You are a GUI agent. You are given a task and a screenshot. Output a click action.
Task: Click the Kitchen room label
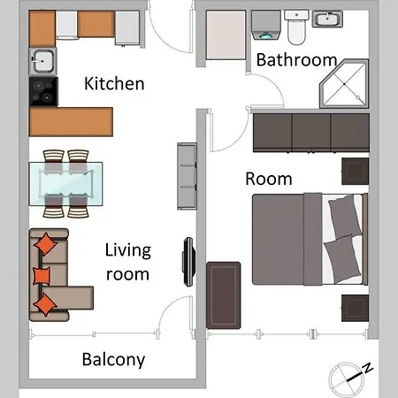point(114,83)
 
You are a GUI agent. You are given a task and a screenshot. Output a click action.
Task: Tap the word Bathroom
point(296,60)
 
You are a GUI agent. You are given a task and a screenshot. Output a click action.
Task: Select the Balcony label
point(113,360)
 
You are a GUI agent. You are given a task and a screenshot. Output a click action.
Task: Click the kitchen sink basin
point(42,61)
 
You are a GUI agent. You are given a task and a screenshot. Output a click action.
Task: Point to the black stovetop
point(43,92)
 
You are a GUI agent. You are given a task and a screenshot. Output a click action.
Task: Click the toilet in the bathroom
point(296,27)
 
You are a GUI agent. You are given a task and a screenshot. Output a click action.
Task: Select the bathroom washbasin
point(327,19)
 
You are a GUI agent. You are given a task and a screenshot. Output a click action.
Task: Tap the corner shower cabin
point(345,84)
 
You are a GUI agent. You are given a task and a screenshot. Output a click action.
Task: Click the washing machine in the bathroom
point(265,26)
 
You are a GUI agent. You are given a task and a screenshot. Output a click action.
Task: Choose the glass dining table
point(65,184)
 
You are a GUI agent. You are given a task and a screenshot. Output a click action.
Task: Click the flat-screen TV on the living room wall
point(189,262)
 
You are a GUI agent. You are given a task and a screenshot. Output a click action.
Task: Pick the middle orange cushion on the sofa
point(42,276)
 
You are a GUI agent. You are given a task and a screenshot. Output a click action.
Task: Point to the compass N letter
point(368,368)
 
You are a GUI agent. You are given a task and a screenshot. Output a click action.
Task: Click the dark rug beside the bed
point(224,295)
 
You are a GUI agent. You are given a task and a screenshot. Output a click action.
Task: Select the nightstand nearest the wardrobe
point(355,172)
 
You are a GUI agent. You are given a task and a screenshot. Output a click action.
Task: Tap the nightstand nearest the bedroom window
point(355,308)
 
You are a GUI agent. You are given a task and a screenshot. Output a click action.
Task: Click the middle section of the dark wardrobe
point(311,133)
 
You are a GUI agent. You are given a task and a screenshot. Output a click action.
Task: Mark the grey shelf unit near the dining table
point(187,176)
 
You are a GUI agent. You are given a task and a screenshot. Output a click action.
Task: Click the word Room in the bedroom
point(269,179)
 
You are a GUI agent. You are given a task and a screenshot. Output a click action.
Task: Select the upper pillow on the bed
point(345,217)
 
